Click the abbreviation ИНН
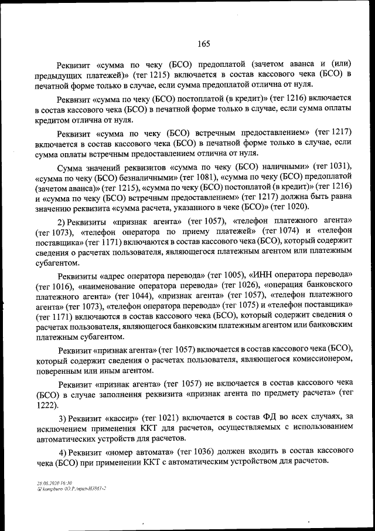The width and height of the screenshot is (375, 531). [262, 275]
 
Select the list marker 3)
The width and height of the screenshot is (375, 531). [63, 417]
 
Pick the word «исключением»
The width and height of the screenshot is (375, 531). [61, 427]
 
